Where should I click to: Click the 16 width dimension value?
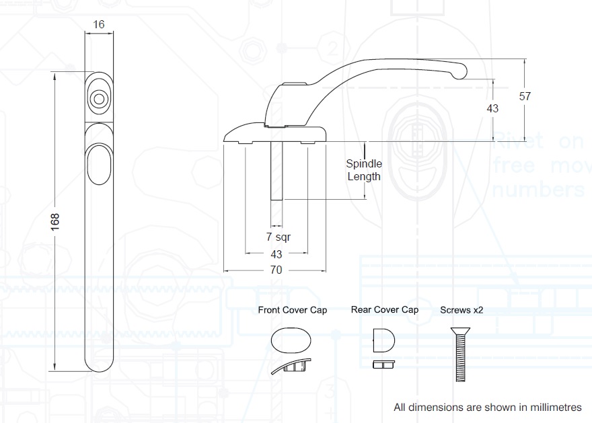pyautogui.click(x=99, y=25)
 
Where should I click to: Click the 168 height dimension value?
pyautogui.click(x=55, y=221)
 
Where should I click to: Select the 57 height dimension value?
pyautogui.click(x=525, y=96)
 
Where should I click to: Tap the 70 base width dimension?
pyautogui.click(x=276, y=270)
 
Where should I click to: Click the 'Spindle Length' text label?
pyautogui.click(x=363, y=170)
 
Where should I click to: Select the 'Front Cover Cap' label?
pyautogui.click(x=293, y=310)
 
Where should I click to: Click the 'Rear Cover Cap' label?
pyautogui.click(x=384, y=310)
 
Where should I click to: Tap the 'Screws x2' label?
pyautogui.click(x=461, y=310)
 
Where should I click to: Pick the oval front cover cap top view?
pyautogui.click(x=293, y=340)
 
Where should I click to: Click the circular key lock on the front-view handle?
pyautogui.click(x=99, y=99)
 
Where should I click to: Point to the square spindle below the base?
pyautogui.click(x=276, y=171)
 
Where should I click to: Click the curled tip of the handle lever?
pyautogui.click(x=461, y=71)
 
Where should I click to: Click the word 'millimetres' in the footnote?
pyautogui.click(x=555, y=408)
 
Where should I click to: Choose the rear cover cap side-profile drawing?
pyautogui.click(x=383, y=364)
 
